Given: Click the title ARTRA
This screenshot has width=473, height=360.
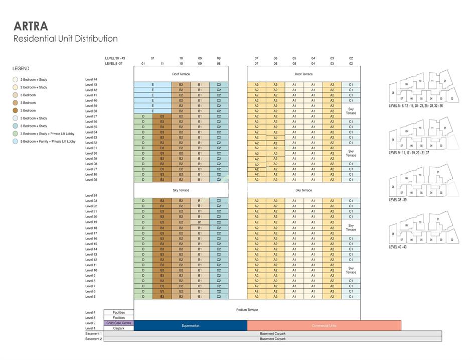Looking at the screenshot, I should coord(31,26).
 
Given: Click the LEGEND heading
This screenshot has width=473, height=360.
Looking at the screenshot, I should coord(21,69).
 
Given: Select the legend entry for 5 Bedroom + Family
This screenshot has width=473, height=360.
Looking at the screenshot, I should coord(48,142).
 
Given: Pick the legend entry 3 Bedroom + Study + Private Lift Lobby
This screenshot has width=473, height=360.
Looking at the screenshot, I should coord(47,134).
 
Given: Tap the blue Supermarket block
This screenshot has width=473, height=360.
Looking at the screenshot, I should coord(190,326).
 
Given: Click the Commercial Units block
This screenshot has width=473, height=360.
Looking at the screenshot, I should coord(324,326).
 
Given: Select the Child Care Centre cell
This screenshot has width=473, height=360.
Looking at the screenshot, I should coord(119,323).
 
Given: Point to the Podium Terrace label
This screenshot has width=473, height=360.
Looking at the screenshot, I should coord(247,310).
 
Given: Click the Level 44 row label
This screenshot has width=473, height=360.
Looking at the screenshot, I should coord(91,79).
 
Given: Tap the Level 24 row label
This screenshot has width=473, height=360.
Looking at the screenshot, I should coord(91,195).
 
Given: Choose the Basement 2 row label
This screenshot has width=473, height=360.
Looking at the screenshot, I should coord(93,339).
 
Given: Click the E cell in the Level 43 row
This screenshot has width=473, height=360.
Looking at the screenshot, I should coord(152,85).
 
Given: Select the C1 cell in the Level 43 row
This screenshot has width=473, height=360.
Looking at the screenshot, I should coord(351,85).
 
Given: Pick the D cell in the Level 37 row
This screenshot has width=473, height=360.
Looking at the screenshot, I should coord(143,116).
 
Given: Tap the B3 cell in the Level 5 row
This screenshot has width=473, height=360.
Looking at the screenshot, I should coord(162,297).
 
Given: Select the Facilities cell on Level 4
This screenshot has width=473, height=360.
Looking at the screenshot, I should coord(119,312).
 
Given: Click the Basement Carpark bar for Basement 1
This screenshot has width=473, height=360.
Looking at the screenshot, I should coord(272,333).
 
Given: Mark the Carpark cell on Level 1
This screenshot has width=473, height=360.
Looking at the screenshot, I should coord(119,328).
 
